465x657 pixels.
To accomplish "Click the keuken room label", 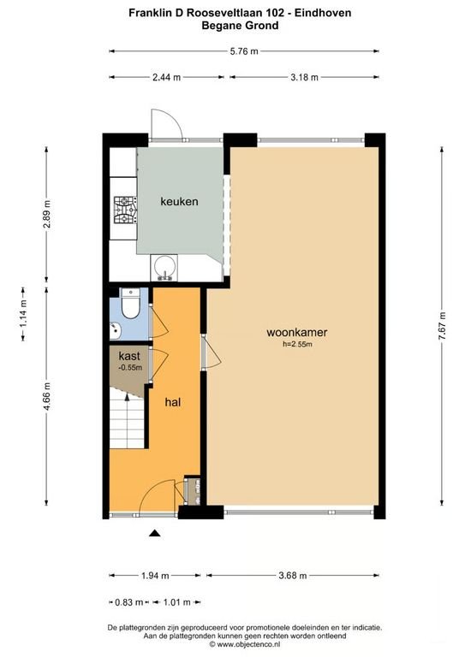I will tap(180, 202).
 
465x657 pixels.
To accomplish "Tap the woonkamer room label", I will tap(297, 333).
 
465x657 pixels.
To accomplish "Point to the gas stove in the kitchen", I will tap(126, 210).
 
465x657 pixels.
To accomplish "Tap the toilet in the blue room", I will tap(131, 305).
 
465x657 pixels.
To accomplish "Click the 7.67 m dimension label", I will tap(442, 326).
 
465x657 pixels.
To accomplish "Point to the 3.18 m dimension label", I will tap(303, 77).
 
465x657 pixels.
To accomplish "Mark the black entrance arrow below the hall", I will tap(155, 534).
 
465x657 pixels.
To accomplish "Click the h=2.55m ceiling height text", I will tap(297, 345).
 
